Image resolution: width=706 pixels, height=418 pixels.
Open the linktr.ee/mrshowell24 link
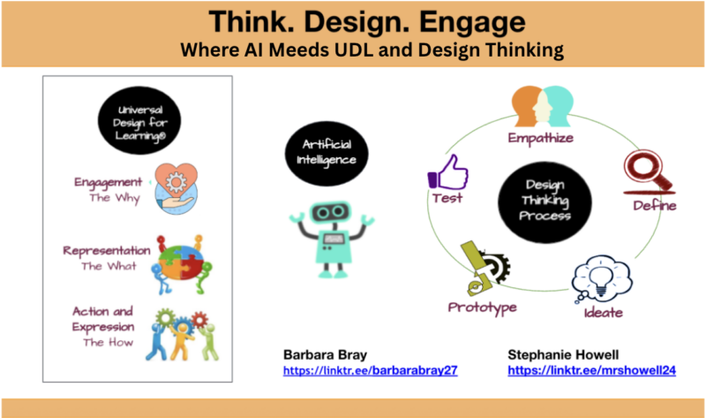(591, 371)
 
